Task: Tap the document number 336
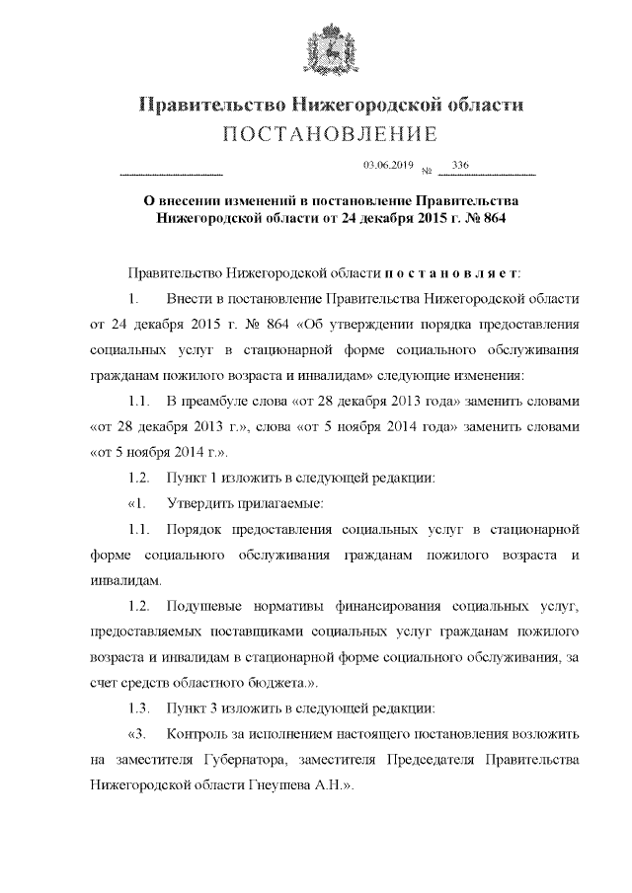point(459,165)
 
